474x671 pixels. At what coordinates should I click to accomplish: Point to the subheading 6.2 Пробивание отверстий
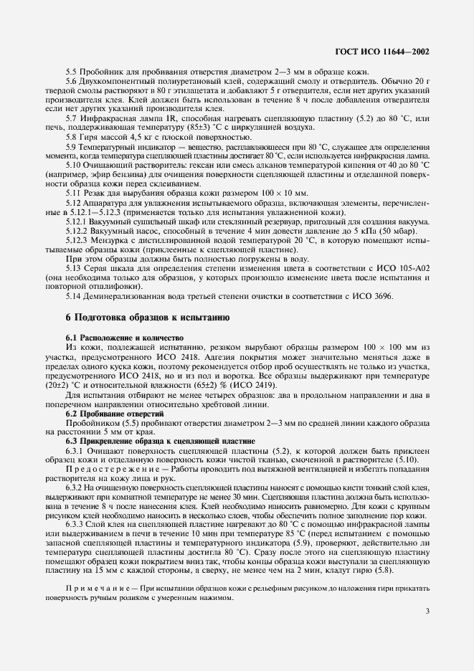tap(110, 414)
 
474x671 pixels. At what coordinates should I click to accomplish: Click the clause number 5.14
tap(73, 295)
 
